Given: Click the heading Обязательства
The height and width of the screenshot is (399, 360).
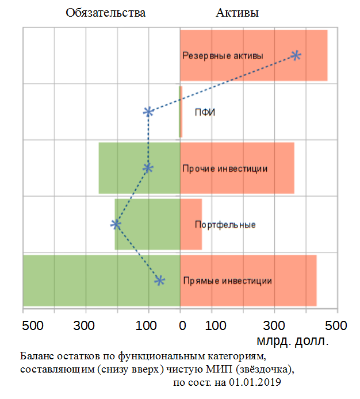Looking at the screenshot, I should click(x=105, y=13).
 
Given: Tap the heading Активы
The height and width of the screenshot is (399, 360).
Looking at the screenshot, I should click(x=237, y=13).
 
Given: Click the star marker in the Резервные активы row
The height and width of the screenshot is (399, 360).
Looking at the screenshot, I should click(x=296, y=55).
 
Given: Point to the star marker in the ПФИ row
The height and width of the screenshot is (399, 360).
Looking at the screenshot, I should click(x=148, y=112).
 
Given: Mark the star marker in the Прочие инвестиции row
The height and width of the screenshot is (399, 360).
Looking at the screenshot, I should click(x=148, y=168).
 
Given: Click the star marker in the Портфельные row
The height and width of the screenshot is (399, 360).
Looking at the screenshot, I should click(x=116, y=224).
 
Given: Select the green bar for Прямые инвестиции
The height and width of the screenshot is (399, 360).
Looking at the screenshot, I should click(x=86, y=281).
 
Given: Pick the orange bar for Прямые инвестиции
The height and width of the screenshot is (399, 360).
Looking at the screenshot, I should click(x=293, y=281).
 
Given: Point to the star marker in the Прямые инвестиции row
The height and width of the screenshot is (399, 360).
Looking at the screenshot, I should click(x=160, y=280).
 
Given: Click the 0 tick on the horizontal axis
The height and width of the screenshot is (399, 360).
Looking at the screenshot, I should click(x=182, y=326).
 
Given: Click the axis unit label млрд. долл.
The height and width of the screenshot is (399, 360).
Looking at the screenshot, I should click(x=294, y=341).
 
